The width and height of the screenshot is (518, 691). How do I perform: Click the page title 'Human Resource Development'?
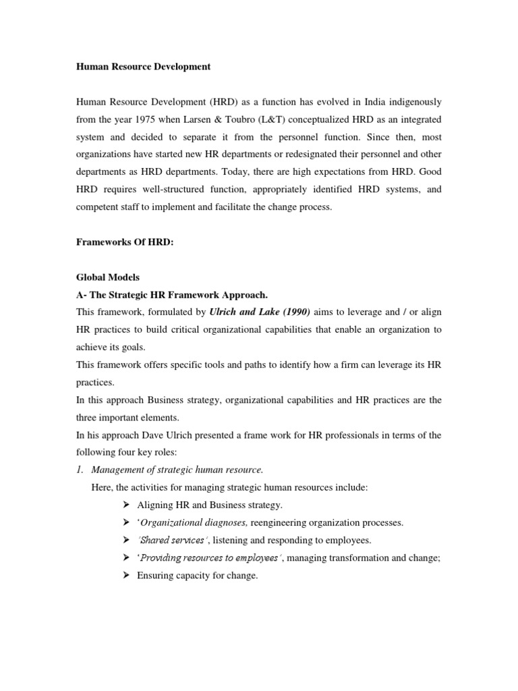tap(143, 67)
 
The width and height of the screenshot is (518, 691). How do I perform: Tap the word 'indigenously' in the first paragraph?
tap(411, 102)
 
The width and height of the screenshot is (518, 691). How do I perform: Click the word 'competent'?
tap(98, 207)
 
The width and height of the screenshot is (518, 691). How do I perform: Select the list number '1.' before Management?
tap(81, 470)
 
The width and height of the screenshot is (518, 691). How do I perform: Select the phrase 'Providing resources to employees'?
tap(209, 558)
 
